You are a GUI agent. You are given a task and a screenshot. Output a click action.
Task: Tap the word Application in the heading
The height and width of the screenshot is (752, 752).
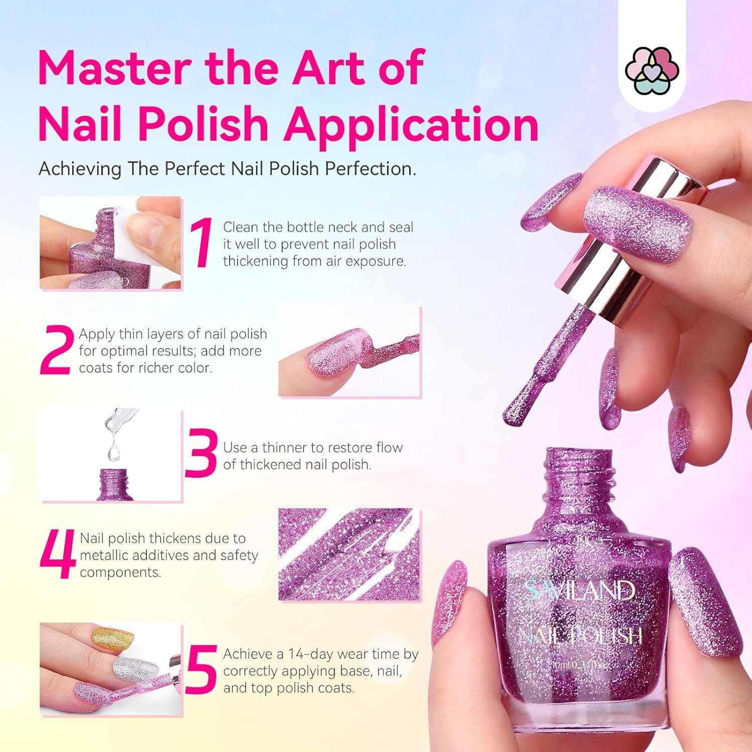pos(411,125)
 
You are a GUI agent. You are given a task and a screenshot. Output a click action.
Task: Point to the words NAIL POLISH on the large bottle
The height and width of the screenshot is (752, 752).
pos(580,636)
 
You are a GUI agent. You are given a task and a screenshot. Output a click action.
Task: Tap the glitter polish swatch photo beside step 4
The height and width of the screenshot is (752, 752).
pos(349,554)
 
